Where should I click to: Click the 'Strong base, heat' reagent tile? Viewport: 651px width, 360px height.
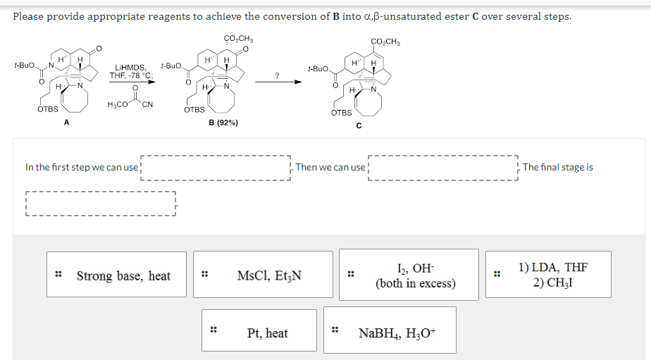[123, 275]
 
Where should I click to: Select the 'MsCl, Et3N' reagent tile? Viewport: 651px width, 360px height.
[270, 275]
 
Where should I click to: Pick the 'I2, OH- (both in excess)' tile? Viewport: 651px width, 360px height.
[416, 275]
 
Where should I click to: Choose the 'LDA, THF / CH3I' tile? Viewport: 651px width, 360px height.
[552, 275]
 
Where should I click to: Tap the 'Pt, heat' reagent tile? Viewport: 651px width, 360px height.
[267, 333]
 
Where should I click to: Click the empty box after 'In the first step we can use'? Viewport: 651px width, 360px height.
[216, 168]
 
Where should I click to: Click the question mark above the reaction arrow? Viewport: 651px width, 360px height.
[278, 74]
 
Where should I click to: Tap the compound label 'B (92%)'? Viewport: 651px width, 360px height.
[223, 122]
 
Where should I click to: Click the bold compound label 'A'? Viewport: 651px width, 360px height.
[66, 122]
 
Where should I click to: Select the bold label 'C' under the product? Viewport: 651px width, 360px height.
[359, 125]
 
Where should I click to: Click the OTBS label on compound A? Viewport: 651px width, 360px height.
[48, 109]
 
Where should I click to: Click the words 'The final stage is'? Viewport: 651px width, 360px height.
[557, 168]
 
